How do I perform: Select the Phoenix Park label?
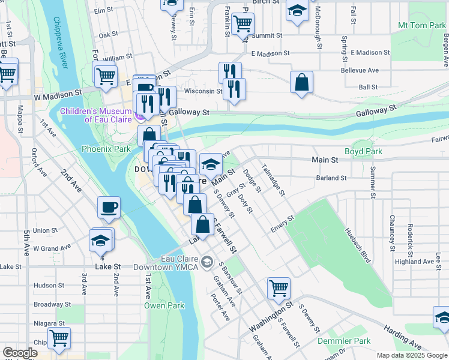106,148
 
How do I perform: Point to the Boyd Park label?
363,152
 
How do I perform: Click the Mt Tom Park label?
421,26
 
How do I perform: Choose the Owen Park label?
163,305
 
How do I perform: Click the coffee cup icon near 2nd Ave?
109,207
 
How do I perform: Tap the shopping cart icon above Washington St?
279,287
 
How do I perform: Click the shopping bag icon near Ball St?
302,82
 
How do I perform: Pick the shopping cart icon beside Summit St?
243,23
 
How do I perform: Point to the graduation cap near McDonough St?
297,11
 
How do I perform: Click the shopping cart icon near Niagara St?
59,338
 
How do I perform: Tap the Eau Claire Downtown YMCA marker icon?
208,261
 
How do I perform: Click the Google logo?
20,353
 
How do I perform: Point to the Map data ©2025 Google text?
411,355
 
